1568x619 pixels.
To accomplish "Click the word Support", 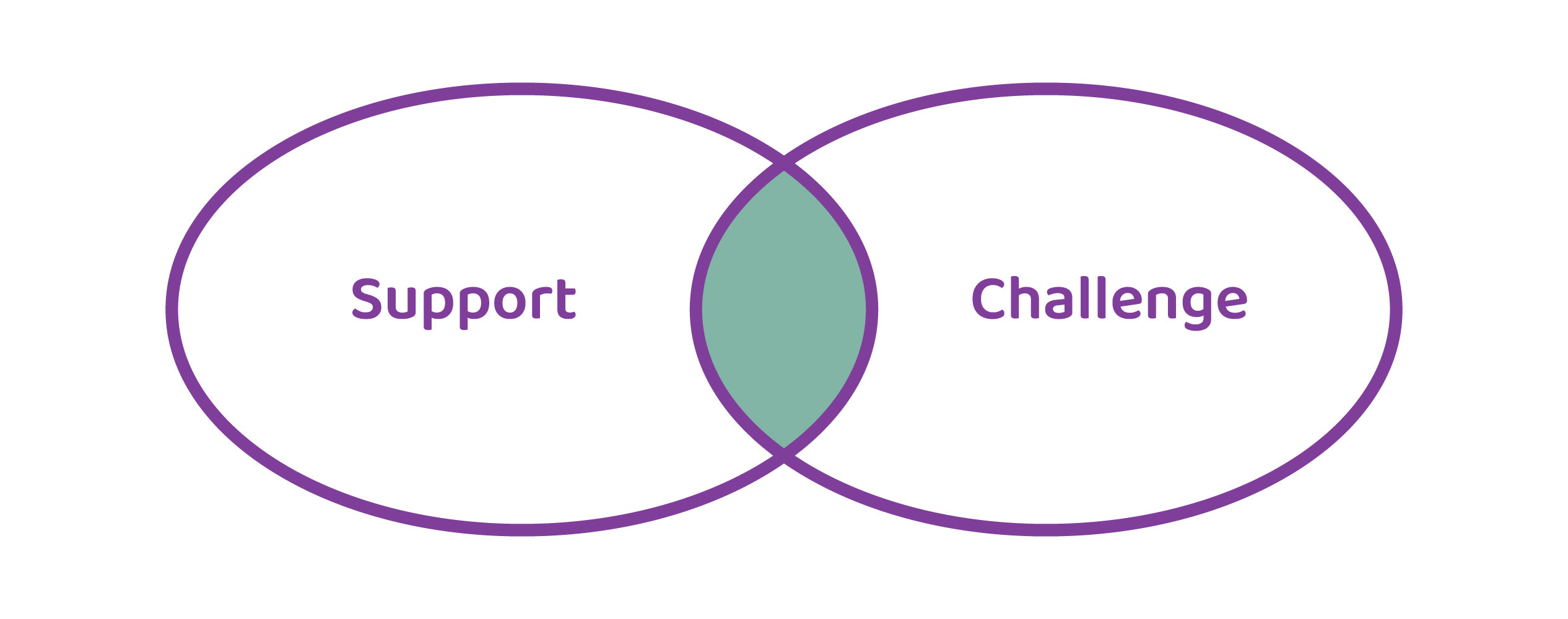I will (464, 301).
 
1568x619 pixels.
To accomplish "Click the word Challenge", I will (1108, 301).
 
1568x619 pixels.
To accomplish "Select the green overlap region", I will (784, 309).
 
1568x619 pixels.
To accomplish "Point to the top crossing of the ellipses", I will (784, 164).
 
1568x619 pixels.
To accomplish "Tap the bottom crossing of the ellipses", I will (784, 456).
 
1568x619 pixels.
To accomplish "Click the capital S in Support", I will (367, 299).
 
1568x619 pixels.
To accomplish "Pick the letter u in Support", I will (401, 303).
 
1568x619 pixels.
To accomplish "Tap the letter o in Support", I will (510, 303).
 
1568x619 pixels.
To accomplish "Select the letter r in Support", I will (540, 302).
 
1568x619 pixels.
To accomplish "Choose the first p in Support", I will (438, 305).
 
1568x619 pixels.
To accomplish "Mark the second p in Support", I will (474, 305).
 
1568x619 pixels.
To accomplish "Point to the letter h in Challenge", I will (1025, 298).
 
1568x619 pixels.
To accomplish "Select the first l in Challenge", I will (1084, 298).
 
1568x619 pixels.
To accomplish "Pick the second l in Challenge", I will (1102, 298).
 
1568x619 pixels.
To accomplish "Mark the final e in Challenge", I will (1232, 303).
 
